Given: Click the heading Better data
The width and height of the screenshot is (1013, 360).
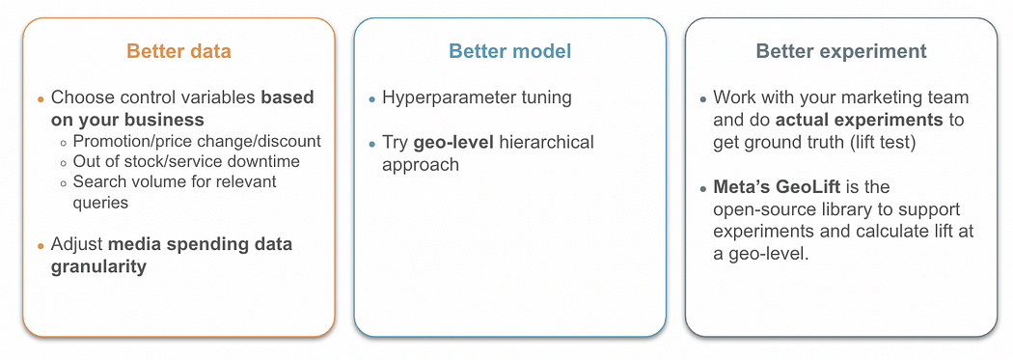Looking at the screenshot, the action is click(178, 51).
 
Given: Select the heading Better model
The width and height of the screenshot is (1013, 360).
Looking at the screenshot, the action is click(510, 51).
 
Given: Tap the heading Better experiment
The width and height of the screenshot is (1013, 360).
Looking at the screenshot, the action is click(841, 52).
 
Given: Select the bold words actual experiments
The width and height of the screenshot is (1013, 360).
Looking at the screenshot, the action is click(860, 121).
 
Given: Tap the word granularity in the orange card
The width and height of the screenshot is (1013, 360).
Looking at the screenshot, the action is click(98, 266).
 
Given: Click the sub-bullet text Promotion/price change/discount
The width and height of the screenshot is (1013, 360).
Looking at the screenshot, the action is click(197, 141).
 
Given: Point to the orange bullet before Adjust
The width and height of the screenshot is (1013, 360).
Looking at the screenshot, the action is click(41, 245).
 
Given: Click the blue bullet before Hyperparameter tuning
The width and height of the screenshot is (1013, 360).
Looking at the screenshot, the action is click(371, 99).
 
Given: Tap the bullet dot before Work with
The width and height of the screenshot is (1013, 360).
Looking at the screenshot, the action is click(703, 99).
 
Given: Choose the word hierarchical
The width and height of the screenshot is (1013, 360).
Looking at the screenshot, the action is click(545, 142).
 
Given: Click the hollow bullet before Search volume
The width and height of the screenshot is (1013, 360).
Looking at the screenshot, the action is click(64, 183).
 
